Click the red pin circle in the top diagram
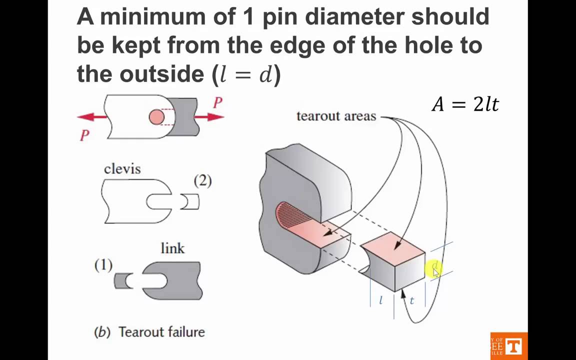tap(156, 117)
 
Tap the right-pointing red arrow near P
tap(210, 117)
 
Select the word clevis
tap(122, 169)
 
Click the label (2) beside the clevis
tap(202, 180)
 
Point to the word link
tap(172, 248)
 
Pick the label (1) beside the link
tap(103, 265)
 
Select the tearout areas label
tap(336, 116)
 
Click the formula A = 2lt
tap(465, 104)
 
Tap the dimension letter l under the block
tap(381, 300)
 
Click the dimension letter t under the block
tap(412, 300)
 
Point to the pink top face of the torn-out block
tap(393, 247)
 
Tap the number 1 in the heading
tap(248, 16)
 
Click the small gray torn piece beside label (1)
tap(123, 280)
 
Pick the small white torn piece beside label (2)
tap(189, 202)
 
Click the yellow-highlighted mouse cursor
tap(434, 270)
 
